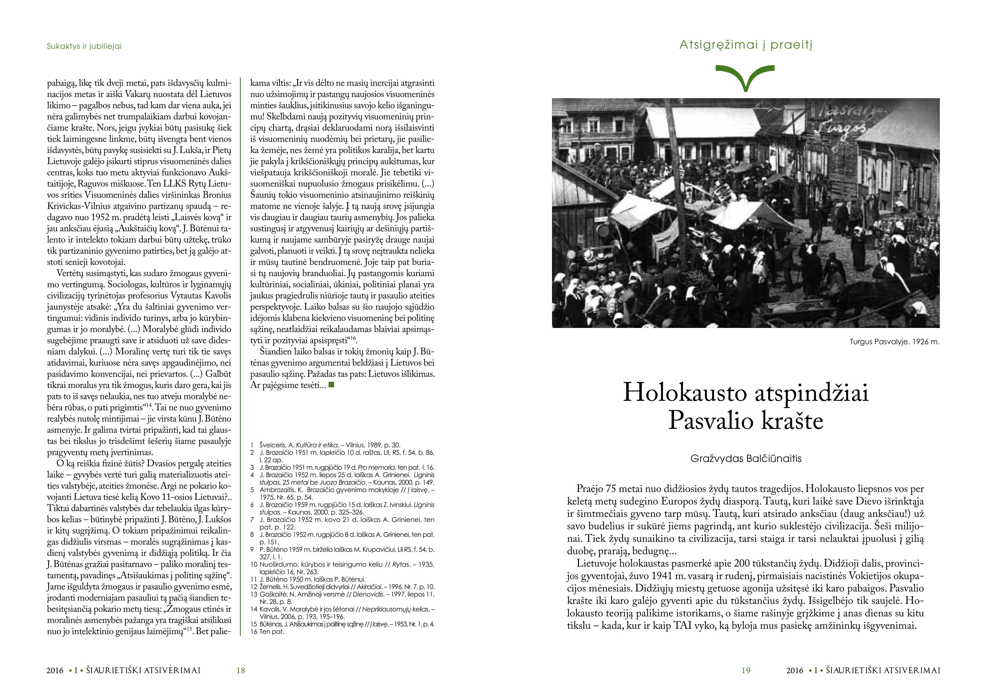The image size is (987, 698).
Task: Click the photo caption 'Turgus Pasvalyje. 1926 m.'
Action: [x=894, y=342]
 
